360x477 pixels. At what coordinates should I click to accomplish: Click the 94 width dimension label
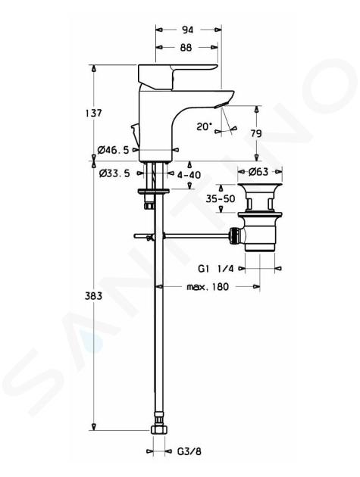coord(187,30)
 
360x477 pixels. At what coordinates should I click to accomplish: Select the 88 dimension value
coord(186,48)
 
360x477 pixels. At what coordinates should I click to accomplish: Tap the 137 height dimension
coord(93,113)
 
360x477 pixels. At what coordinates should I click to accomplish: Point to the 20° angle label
coord(203,126)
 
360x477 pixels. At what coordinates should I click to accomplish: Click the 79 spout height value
coord(255,133)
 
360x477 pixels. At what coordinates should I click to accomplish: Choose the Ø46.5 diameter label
coord(113,150)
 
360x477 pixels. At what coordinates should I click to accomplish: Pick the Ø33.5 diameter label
coord(114,173)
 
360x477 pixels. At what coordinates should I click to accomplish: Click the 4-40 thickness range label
coord(189,175)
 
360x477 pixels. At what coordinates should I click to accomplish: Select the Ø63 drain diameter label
coord(258,172)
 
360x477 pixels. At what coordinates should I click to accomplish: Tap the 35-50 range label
coord(221,198)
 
